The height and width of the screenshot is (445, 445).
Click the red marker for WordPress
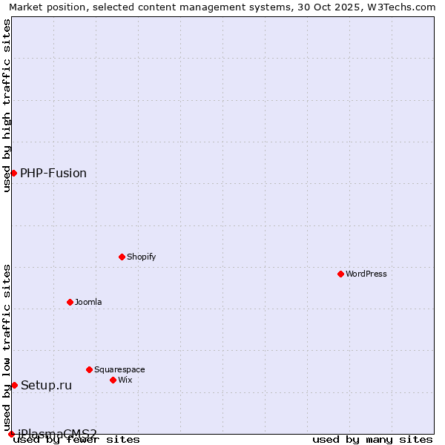click(340, 274)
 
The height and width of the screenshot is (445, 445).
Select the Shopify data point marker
click(122, 257)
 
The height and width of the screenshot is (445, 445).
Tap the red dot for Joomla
click(70, 302)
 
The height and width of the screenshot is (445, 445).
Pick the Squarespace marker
click(89, 369)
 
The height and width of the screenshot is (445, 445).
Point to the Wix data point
click(113, 380)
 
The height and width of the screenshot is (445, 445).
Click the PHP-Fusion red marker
click(13, 173)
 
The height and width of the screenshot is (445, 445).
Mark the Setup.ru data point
click(14, 385)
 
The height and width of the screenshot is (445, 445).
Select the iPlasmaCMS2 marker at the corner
click(11, 434)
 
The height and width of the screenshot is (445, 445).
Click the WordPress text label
click(366, 274)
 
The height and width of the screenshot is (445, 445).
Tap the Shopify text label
click(141, 257)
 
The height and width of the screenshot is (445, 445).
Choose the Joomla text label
click(88, 302)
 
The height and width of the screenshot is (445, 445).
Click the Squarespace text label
click(119, 369)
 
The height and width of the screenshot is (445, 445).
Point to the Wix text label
click(125, 380)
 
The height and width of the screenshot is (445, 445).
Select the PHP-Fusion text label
click(53, 173)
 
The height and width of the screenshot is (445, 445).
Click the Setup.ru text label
click(47, 385)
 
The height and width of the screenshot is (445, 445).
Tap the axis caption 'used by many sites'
click(372, 439)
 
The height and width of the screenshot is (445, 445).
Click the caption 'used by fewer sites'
click(77, 439)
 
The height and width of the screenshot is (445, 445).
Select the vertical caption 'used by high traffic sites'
click(7, 105)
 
